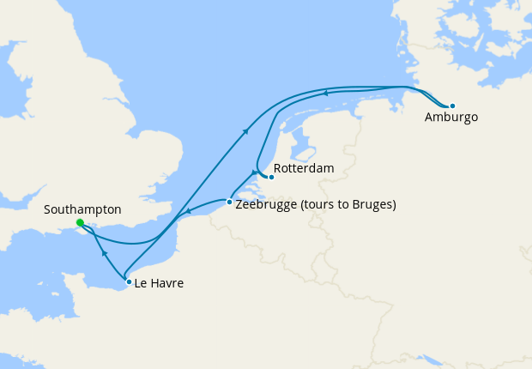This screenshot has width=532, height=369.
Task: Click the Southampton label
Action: click(82, 209)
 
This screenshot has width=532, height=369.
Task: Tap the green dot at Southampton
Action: click(80, 223)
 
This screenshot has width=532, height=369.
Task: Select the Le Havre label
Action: click(159, 282)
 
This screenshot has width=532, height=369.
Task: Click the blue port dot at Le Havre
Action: click(129, 281)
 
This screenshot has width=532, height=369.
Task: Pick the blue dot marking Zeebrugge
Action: click(229, 202)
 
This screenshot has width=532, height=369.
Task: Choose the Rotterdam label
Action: click(304, 168)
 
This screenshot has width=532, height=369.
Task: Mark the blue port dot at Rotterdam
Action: click(271, 178)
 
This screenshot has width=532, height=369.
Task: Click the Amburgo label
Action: click(451, 117)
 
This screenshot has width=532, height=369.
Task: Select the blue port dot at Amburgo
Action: click(452, 106)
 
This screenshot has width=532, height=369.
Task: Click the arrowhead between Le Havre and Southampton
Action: click(104, 253)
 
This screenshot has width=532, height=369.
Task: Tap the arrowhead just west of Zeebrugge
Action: click(189, 214)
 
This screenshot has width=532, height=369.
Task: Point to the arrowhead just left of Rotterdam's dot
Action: click(255, 171)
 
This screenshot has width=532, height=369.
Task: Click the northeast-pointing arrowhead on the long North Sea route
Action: click(246, 130)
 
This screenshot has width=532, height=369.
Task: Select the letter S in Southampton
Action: click(47, 209)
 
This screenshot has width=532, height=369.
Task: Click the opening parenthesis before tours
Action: click(300, 205)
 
